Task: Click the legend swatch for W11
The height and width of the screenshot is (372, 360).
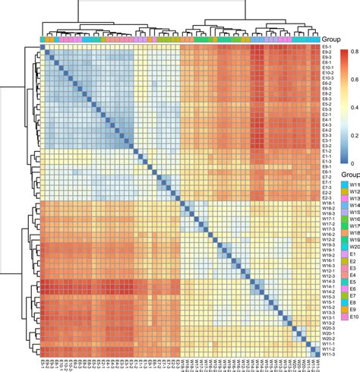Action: coord(345,184)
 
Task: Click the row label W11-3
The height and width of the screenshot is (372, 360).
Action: coord(328,354)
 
